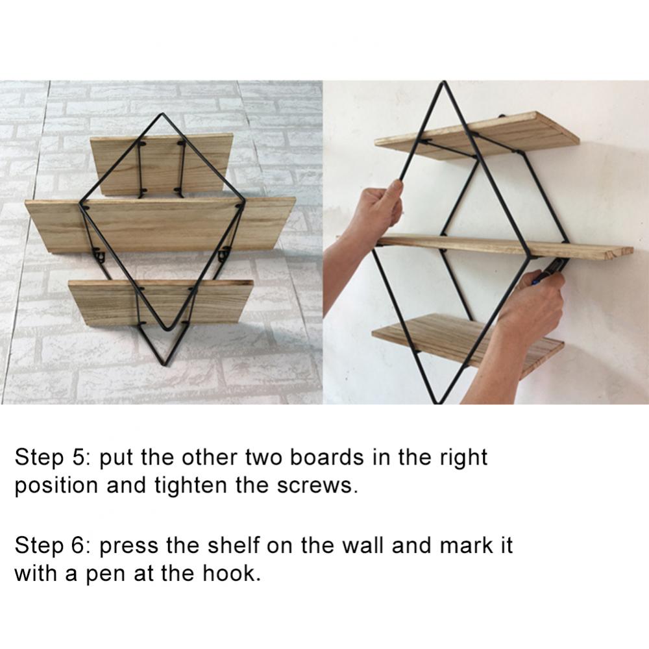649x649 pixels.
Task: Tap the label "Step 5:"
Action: (x=49, y=457)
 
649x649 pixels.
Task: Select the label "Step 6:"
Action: (x=49, y=545)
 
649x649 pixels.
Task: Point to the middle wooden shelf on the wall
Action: (x=506, y=245)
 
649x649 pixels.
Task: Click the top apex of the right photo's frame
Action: (x=445, y=82)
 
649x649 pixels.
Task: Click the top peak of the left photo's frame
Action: (x=160, y=115)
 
